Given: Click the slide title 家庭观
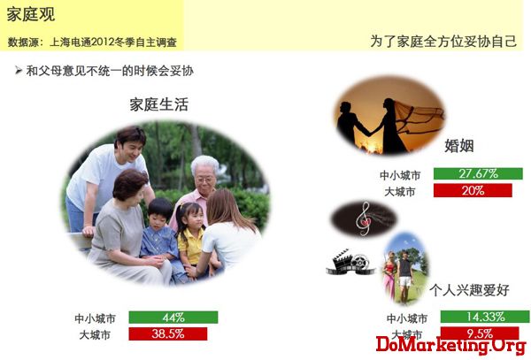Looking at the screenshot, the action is click(31, 14).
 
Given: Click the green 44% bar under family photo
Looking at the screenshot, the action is click(173, 318).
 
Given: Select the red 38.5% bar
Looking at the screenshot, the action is click(168, 333).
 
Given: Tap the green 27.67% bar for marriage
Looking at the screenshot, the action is click(478, 173).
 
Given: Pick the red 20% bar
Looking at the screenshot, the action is click(473, 190).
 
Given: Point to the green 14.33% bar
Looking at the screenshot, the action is click(485, 317).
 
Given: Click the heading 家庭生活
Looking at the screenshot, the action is click(158, 104).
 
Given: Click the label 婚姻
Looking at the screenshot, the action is click(458, 146).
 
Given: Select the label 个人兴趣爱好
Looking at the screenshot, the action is click(469, 290).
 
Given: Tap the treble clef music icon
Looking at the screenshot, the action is click(364, 218).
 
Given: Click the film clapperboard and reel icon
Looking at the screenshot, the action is click(350, 262).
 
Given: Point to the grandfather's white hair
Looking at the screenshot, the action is click(205, 165).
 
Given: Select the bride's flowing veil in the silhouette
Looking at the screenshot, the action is click(419, 117).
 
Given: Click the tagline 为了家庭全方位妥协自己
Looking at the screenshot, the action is click(443, 42).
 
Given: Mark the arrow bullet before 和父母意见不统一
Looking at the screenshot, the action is click(19, 71).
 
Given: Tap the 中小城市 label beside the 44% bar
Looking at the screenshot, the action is click(96, 318).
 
